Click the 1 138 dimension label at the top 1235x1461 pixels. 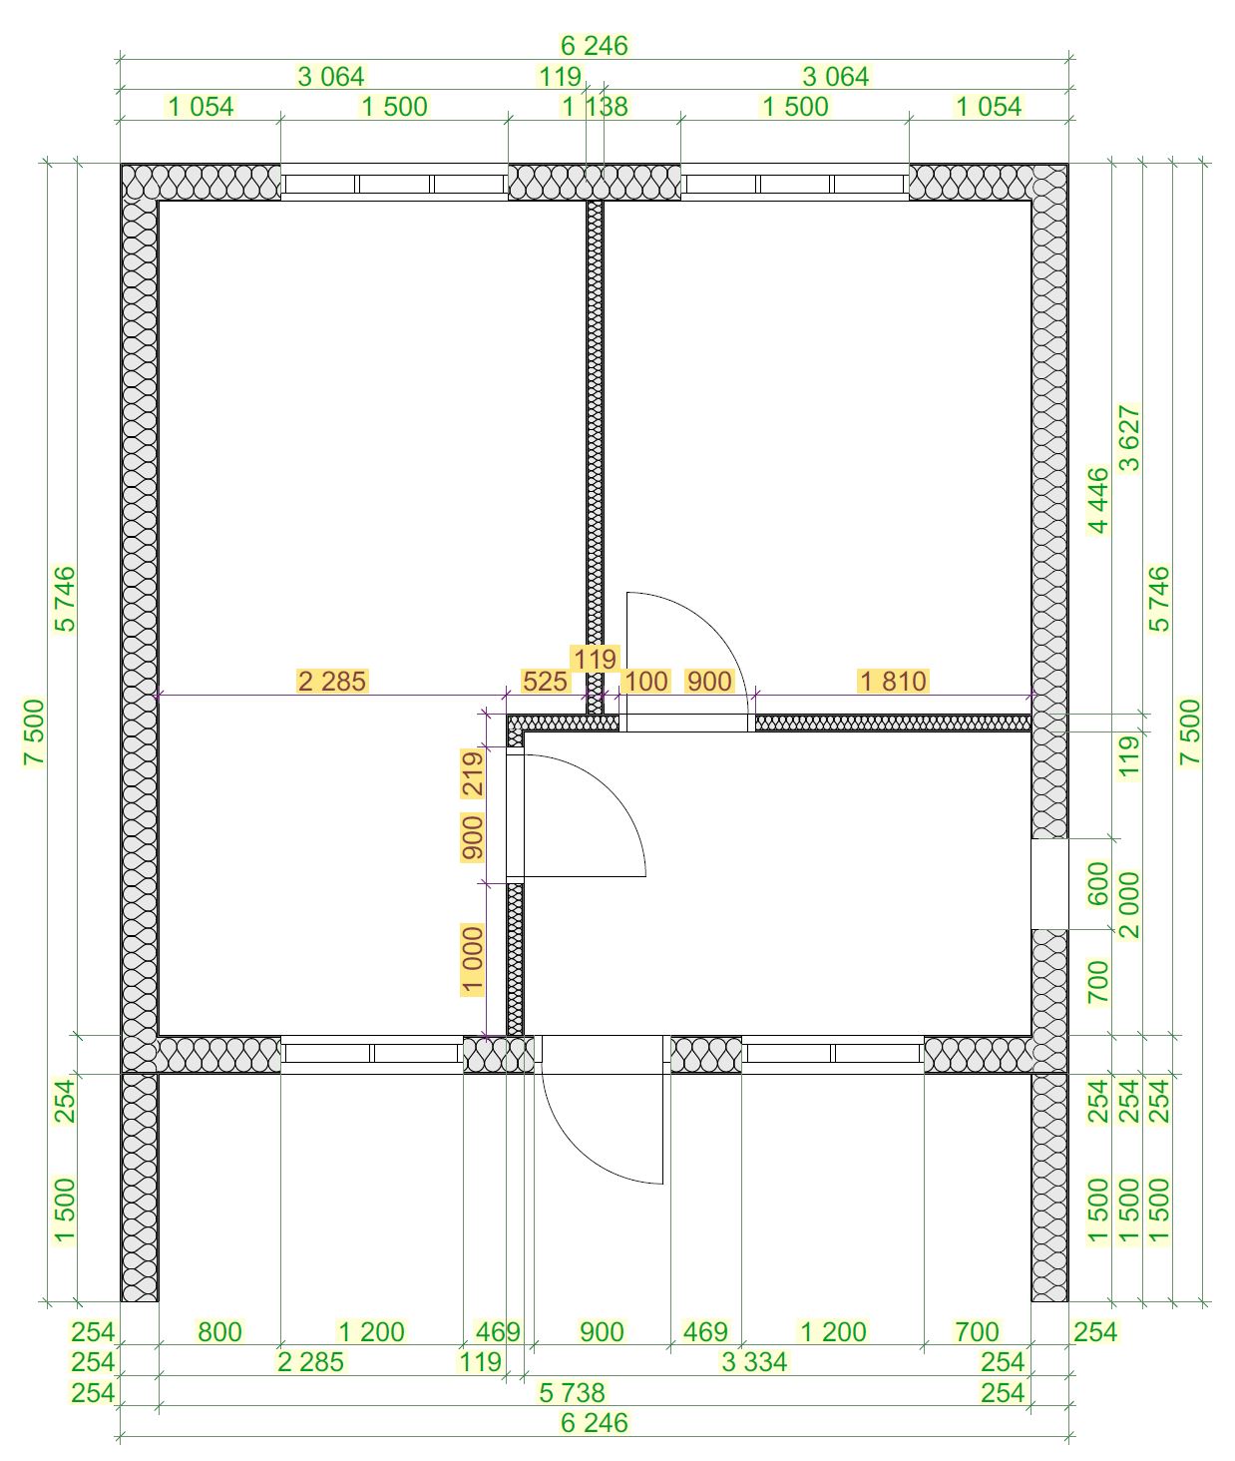tap(595, 107)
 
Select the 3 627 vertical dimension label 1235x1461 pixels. tap(1129, 437)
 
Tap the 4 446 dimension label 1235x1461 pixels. tap(1098, 500)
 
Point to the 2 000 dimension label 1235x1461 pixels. tap(1129, 905)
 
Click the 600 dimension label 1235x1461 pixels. tap(1098, 883)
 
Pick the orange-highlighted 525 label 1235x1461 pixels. tap(545, 681)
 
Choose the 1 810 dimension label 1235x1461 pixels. tap(893, 681)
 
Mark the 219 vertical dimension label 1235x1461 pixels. tap(472, 774)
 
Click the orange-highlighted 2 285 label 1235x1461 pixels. tap(331, 681)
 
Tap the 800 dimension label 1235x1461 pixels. tap(219, 1331)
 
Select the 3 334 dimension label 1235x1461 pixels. tap(754, 1361)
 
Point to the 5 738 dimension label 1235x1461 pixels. tap(572, 1392)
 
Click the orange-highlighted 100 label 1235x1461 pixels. tap(645, 681)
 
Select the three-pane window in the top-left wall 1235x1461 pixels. tap(394, 184)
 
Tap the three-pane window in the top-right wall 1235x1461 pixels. tap(795, 184)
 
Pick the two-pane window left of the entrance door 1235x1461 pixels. tap(372, 1054)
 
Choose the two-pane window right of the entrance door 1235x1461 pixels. tap(833, 1054)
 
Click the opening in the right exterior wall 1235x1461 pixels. tap(1049, 883)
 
